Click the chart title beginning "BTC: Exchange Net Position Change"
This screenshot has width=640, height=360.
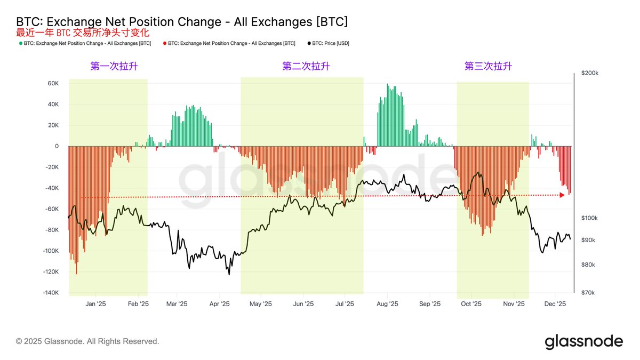pos(182,21)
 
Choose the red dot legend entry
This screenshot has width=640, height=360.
pos(229,43)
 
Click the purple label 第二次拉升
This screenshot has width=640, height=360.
pos(306,66)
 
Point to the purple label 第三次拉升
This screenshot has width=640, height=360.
pos(488,66)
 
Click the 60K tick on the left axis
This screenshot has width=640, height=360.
pos(53,83)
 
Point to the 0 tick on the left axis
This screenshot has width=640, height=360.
pos(56,146)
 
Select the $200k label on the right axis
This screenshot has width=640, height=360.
pos(589,73)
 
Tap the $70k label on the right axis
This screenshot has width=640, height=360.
pos(588,293)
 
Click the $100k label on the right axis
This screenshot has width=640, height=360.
pos(589,218)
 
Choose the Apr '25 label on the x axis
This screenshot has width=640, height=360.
pos(219,304)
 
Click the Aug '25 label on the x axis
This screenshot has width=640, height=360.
pos(387,304)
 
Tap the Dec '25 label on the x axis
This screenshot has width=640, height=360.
pos(555,304)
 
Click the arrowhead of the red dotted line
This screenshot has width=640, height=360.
pos(562,195)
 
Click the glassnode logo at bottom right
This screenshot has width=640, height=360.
pos(583,341)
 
